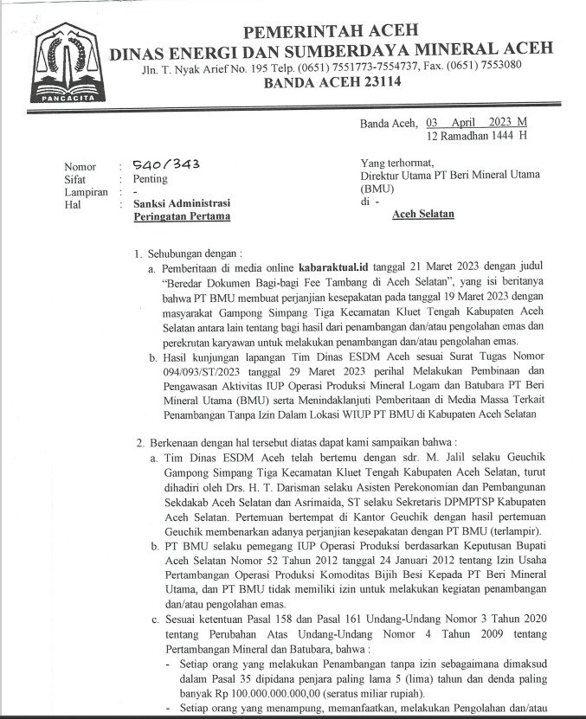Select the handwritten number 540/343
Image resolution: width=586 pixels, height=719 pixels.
162,164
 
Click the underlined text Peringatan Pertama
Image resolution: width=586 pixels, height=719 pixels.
182,216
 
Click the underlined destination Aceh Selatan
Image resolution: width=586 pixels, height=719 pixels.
423,213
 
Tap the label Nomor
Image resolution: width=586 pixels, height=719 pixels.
80,166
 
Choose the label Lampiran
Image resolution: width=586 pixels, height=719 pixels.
85,191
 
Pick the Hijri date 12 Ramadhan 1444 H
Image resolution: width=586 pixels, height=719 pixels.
477,136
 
